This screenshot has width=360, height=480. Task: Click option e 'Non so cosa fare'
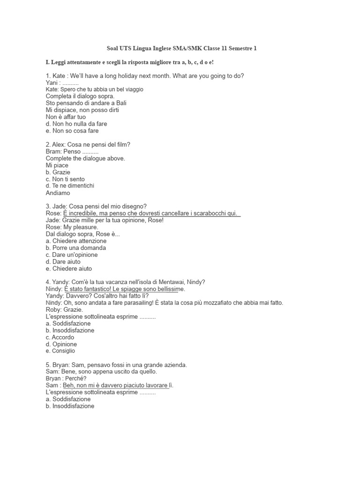pos(72,131)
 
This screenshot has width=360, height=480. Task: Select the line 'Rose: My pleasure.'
pos(72,227)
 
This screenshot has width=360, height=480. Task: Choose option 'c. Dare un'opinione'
pos(72,255)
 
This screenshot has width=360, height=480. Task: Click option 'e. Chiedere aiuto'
pos(69,269)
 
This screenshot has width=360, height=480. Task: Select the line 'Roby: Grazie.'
pos(64,310)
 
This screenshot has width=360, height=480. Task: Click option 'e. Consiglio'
pos(60,351)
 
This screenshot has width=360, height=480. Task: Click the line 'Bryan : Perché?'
pos(66,378)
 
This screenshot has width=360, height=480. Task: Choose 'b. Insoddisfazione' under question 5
pos(70,406)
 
